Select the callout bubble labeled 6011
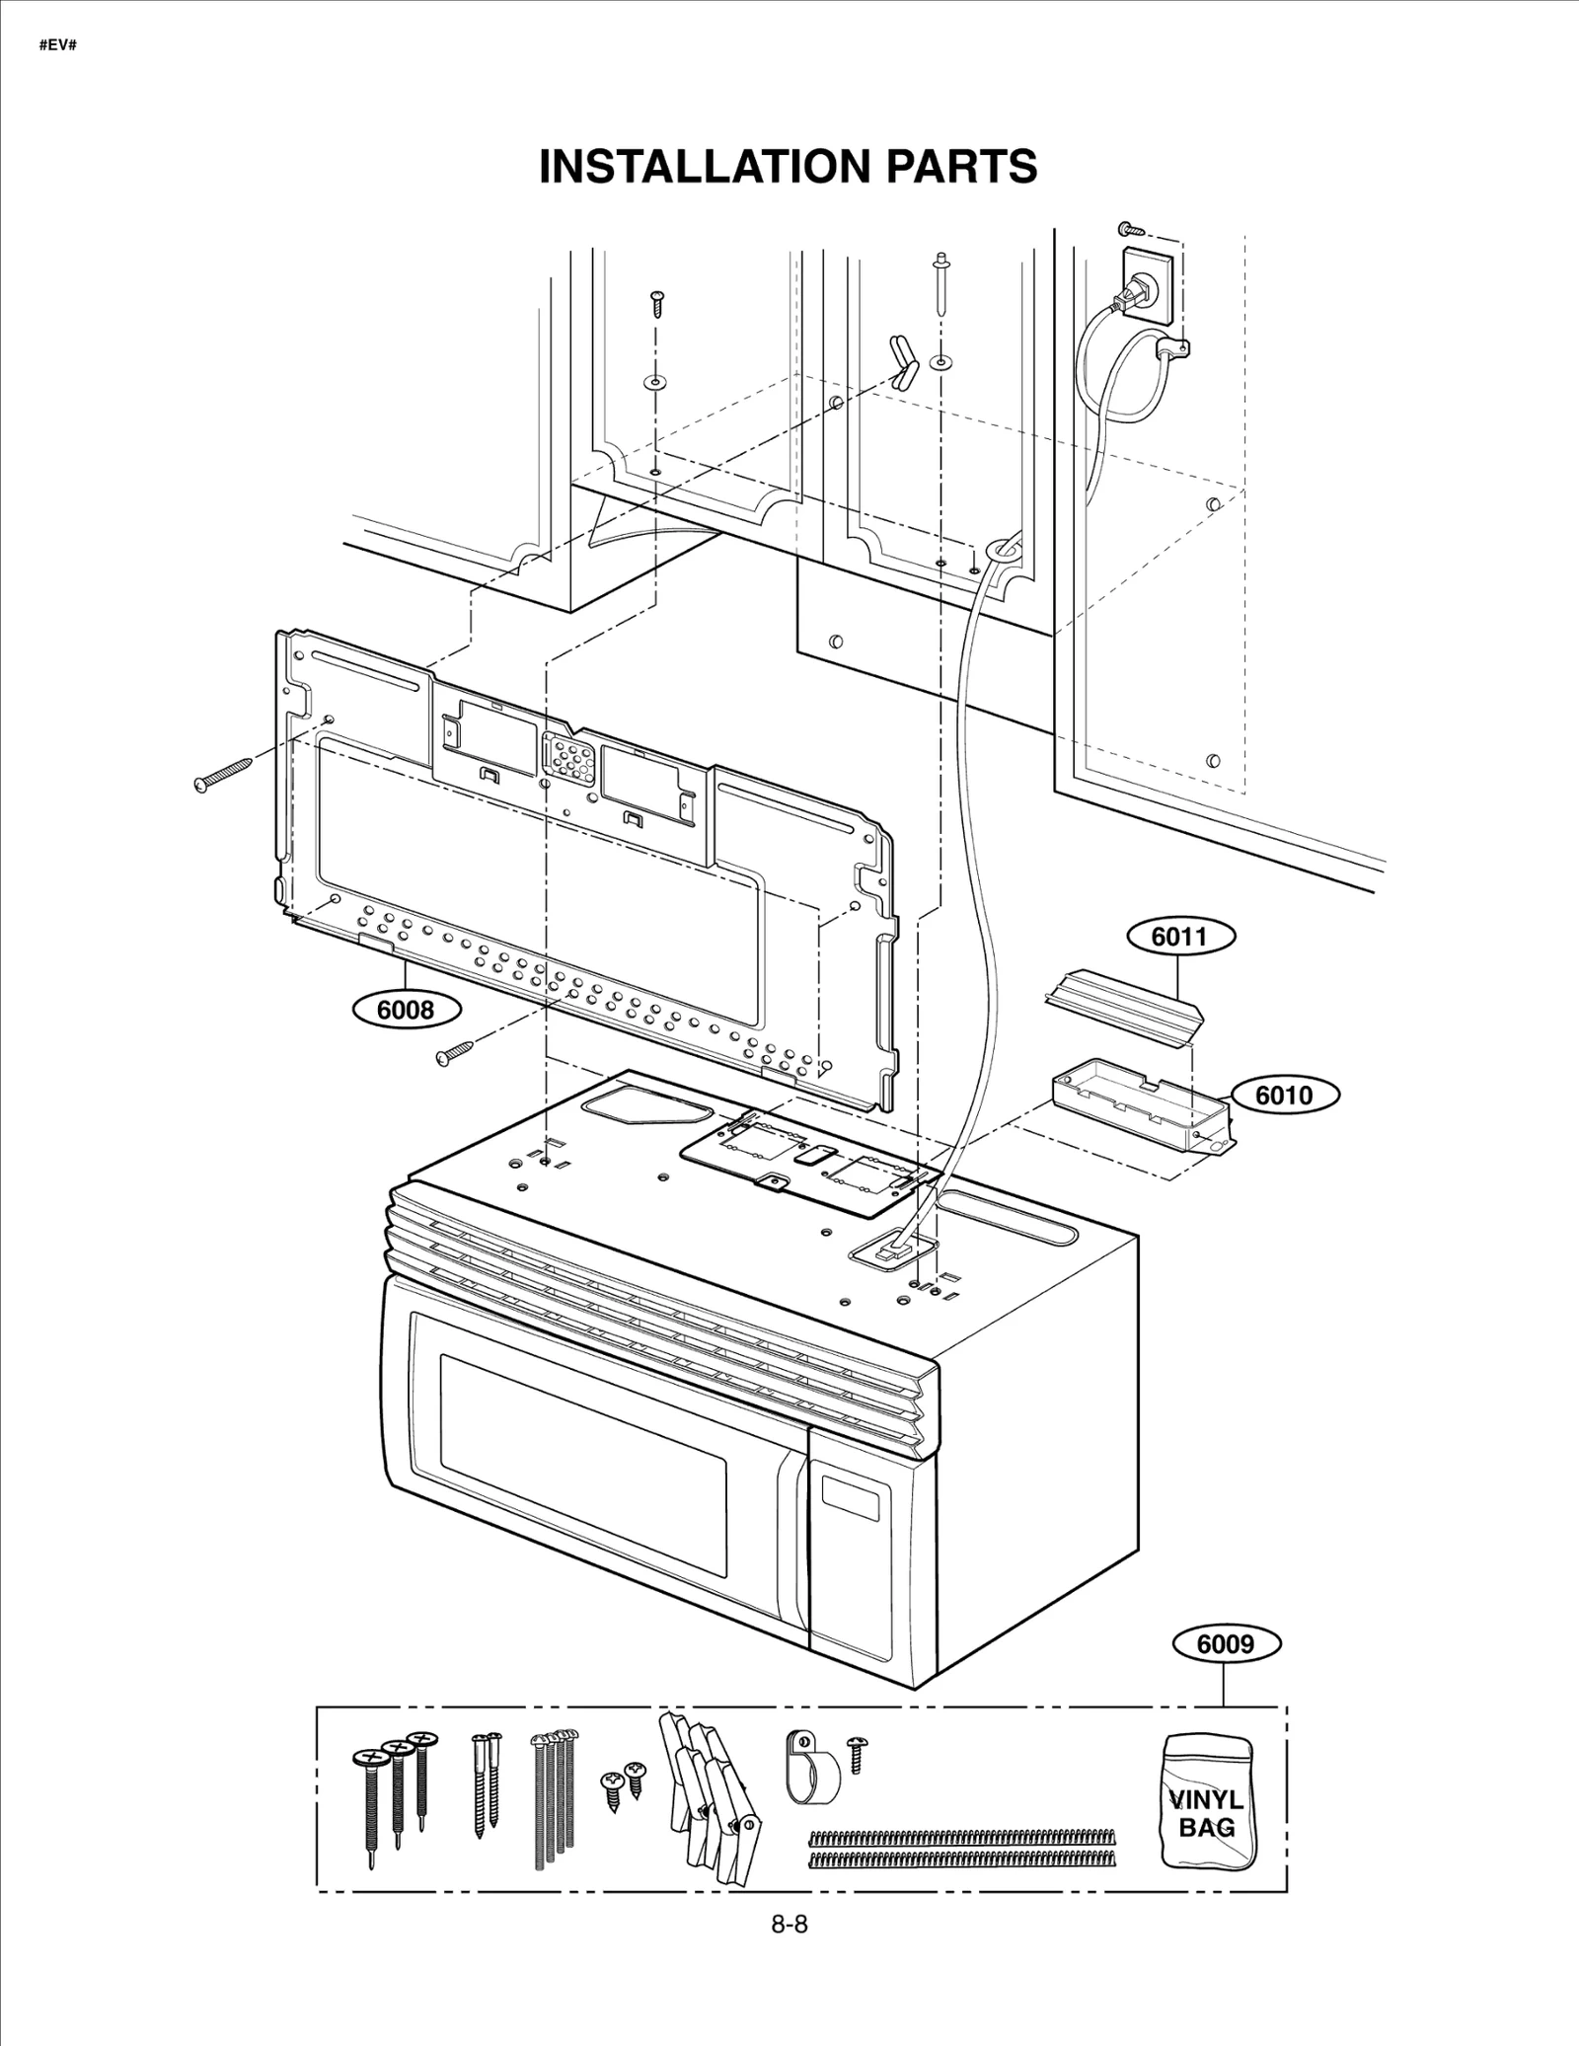coord(1179,936)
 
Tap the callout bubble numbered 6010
coord(1284,1095)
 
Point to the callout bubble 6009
coord(1226,1643)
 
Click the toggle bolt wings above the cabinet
coord(902,362)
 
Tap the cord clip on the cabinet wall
coord(1172,346)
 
